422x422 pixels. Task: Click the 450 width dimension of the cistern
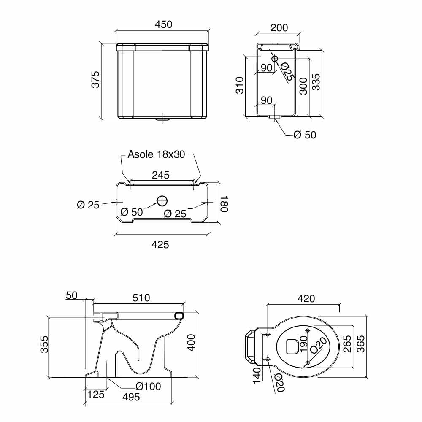[164, 24]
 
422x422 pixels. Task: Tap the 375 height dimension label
[95, 79]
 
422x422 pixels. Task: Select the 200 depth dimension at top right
[279, 28]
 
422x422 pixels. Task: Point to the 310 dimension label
[240, 85]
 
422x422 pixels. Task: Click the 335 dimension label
[316, 82]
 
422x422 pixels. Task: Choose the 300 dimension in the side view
[303, 86]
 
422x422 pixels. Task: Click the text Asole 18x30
[157, 154]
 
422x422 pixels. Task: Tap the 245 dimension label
[161, 175]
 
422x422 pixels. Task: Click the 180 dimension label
[224, 204]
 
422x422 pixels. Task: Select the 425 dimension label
[160, 245]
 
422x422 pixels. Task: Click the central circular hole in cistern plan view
[162, 201]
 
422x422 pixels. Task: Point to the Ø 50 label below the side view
[305, 135]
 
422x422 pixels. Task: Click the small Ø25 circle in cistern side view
[275, 59]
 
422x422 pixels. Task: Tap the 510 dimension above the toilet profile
[141, 298]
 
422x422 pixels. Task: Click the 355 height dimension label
[44, 344]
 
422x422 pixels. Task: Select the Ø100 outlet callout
[148, 387]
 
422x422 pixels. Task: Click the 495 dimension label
[131, 397]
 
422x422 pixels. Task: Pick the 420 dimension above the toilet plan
[306, 299]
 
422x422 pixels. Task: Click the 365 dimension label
[360, 344]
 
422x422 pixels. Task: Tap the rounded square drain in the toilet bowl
[292, 346]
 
